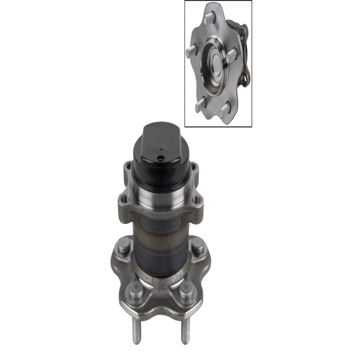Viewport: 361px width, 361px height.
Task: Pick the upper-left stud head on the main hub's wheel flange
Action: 123,246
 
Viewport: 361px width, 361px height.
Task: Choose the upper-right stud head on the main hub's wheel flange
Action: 198,246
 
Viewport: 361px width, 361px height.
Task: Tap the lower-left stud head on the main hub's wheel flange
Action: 136,288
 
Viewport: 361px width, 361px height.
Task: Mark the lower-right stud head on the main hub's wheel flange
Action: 186,288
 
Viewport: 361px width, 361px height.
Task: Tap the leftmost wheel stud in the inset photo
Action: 191,51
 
